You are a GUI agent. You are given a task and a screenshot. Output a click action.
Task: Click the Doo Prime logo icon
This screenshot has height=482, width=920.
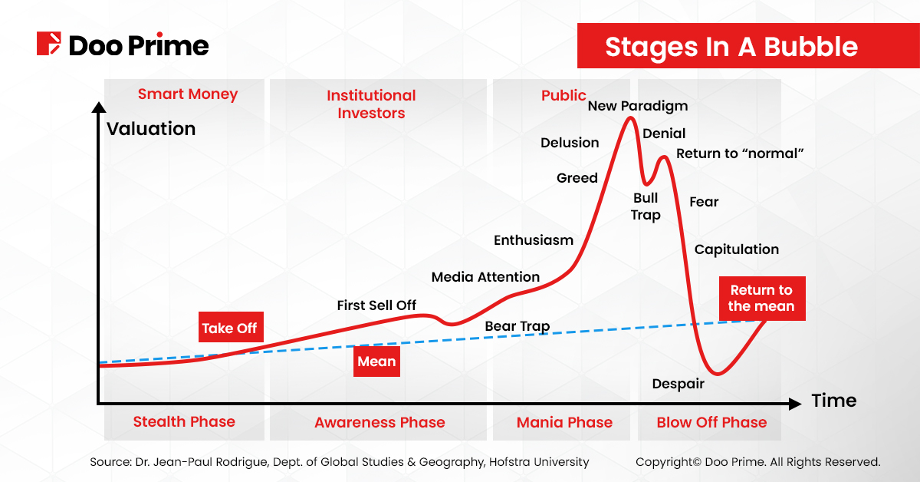(48, 44)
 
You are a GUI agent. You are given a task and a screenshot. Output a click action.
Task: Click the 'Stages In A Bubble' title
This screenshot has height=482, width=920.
(731, 47)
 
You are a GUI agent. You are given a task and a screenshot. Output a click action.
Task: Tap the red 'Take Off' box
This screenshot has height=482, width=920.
(229, 328)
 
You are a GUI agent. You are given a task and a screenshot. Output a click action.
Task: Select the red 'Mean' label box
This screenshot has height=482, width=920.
(376, 361)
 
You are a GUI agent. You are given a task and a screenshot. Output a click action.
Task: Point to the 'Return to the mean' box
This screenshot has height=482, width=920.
(761, 298)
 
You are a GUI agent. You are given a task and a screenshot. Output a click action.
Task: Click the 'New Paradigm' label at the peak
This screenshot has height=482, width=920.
(638, 106)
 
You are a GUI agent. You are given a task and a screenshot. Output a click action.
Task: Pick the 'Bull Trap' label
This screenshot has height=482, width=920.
(646, 206)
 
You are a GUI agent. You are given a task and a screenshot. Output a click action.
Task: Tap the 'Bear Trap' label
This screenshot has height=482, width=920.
(517, 326)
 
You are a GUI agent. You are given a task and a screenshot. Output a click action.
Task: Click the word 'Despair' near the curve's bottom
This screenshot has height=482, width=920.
(678, 384)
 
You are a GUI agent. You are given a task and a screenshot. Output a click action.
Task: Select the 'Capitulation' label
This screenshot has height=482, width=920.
(736, 249)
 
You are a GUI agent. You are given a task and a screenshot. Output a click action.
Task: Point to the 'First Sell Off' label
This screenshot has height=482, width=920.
(376, 305)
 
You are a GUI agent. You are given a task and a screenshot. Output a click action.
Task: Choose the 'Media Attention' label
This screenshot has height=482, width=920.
(485, 277)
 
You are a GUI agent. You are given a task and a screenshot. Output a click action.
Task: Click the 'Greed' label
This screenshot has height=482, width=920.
(577, 178)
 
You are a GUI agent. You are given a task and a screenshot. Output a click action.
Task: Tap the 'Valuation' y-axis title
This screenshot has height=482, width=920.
(151, 129)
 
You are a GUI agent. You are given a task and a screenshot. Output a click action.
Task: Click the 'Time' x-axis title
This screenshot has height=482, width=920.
(833, 401)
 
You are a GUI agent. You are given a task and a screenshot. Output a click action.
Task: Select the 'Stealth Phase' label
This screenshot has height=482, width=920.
(184, 421)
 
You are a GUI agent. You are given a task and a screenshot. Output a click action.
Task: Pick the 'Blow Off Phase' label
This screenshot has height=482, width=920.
(711, 422)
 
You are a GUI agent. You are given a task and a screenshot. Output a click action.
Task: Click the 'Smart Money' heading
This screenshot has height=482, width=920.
(188, 94)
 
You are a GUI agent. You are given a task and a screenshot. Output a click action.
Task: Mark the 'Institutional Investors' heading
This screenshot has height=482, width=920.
(371, 104)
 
